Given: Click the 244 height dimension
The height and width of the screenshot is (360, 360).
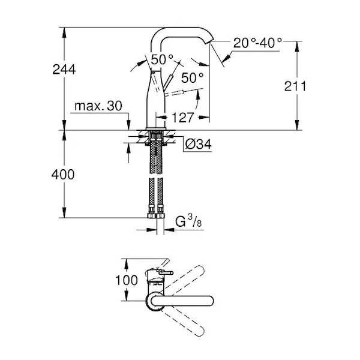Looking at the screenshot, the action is point(64,70).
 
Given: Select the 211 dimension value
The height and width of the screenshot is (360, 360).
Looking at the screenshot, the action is point(295,86).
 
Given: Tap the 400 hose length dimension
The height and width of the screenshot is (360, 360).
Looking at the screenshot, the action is point(63,175).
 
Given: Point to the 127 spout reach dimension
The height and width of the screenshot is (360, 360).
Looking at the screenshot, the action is point(182,118).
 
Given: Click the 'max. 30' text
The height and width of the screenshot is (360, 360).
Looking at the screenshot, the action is point(98,106).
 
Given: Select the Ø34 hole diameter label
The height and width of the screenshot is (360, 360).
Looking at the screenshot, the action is point(198,145).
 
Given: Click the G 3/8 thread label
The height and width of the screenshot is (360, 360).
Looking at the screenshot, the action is point(188,221).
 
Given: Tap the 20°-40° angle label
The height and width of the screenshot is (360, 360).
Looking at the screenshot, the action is point(257,43).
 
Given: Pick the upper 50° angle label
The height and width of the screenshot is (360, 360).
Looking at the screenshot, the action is point(162,59).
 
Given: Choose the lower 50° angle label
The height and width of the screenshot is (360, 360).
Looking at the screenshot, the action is point(193,77).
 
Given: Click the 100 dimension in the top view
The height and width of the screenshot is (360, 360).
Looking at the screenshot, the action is point(126,280).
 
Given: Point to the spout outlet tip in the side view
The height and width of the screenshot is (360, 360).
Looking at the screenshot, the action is point(211,41).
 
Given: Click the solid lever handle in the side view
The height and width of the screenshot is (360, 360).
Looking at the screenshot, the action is point(168,82).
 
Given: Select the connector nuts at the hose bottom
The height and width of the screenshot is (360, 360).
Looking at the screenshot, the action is point(156,215).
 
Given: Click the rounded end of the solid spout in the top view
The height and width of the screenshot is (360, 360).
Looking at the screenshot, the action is point(209,301).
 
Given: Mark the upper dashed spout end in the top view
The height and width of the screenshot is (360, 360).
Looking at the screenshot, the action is point(199,271).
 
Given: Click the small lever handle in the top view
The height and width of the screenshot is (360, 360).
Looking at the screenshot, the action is point(166,273).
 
